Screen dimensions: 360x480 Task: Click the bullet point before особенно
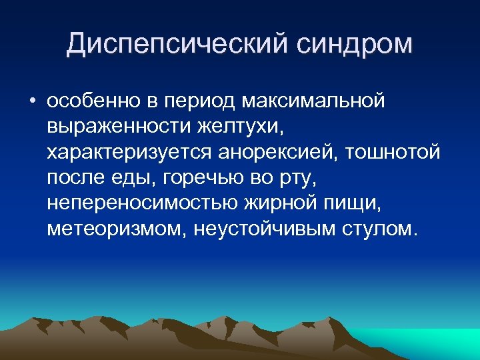point(32,102)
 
